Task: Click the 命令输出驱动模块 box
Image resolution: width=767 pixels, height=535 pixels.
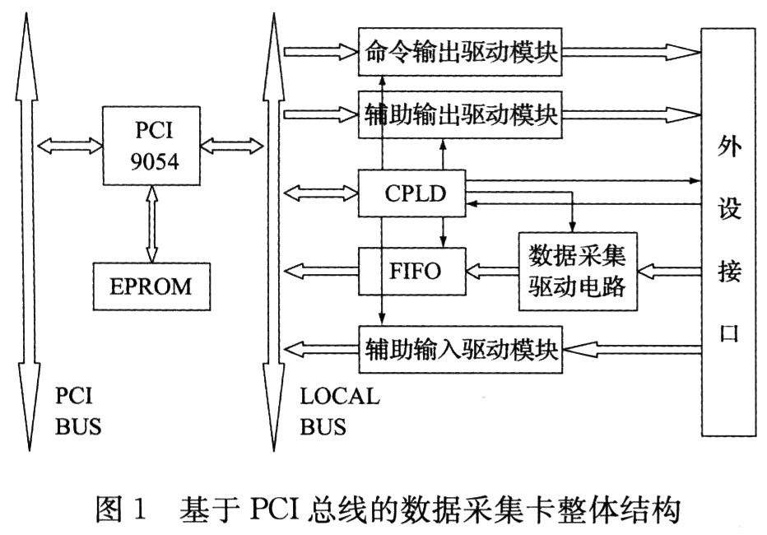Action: pos(461,53)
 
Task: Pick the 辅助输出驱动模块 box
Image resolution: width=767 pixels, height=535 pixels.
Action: pos(461,115)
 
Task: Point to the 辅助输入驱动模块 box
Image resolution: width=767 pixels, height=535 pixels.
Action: pos(461,351)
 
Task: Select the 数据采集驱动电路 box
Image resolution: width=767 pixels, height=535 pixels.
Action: pos(577,270)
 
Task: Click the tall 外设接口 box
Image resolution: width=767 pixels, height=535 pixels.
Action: pos(727,230)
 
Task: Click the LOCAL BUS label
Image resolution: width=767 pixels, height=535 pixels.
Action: pos(338,412)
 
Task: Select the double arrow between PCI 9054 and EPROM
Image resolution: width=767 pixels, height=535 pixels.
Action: pos(152,225)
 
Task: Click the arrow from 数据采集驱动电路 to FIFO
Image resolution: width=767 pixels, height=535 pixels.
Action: pos(491,269)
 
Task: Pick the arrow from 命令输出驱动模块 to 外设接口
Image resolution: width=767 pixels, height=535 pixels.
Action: pos(630,53)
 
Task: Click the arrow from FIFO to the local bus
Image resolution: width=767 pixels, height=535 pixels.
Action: pos(320,269)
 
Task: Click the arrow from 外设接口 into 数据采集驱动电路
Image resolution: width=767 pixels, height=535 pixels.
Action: pos(668,269)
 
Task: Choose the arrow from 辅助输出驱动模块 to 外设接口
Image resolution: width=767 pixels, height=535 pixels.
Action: pos(630,115)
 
